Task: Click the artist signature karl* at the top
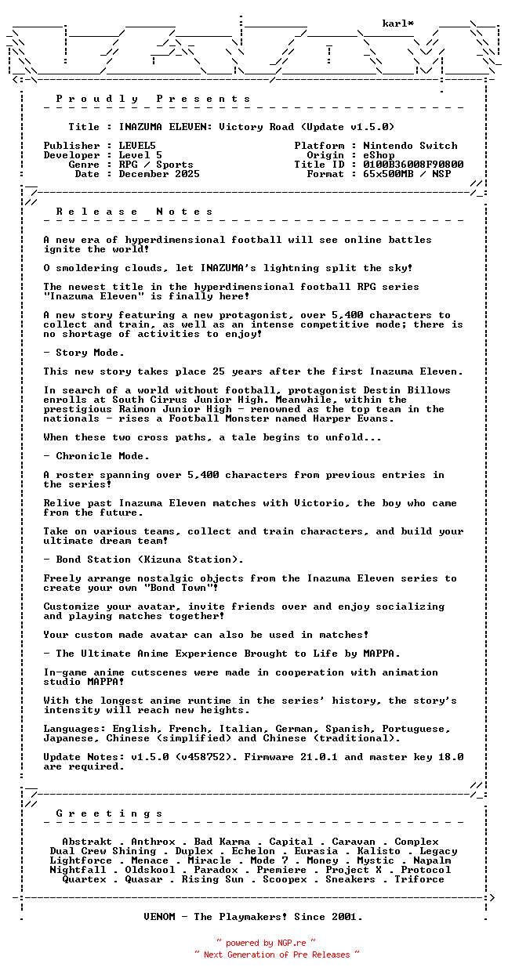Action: pos(398,24)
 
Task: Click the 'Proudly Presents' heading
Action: pos(154,99)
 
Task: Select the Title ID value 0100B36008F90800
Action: pos(413,165)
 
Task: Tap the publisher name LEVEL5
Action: pos(137,146)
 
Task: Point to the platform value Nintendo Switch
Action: pos(410,146)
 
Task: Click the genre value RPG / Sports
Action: pos(156,165)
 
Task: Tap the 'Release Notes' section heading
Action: pos(135,212)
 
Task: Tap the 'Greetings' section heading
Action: pos(110,813)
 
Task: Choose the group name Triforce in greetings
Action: pos(419,879)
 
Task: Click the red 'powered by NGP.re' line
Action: pos(266,943)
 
